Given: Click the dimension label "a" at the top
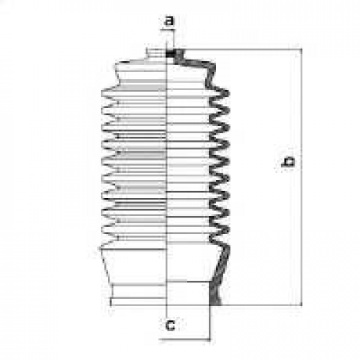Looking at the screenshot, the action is pos(170,21).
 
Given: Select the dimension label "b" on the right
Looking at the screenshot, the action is pos(288,162).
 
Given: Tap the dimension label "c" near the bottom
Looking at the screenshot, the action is pos(171,325).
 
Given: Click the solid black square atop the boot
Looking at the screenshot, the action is pos(171,53).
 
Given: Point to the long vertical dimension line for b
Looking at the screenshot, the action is pos(302,177).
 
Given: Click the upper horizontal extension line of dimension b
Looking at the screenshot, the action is pos(243,50).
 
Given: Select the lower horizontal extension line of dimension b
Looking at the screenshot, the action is pos(261,305).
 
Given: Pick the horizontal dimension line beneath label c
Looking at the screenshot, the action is pos(185,339).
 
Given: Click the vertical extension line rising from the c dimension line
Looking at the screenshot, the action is pos(210,323).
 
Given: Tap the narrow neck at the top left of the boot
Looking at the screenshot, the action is pos(156,53).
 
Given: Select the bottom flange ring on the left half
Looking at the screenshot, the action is pos(138,302).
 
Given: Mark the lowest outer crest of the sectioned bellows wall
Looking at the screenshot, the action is pos(227,229).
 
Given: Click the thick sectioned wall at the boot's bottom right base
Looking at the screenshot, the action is pos(215,294).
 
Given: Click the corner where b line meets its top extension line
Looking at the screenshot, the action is pos(302,50).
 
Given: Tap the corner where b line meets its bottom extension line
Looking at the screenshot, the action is pos(302,305).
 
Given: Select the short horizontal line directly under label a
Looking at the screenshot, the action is pos(168,30).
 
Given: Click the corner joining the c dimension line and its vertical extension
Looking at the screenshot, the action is pos(210,339).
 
